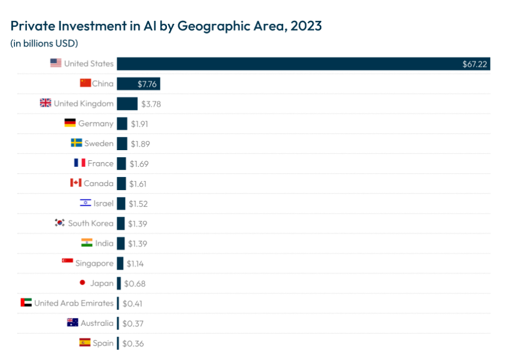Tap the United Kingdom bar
[x=127, y=104]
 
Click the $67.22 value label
[x=474, y=64]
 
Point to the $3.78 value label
[x=151, y=104]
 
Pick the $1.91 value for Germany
[x=139, y=124]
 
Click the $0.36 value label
[x=133, y=343]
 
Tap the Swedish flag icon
[x=76, y=144]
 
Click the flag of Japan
[x=82, y=283]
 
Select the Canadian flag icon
[x=76, y=183]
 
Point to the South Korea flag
[x=59, y=223]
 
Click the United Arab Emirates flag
[x=26, y=303]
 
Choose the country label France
[x=100, y=163]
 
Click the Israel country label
[x=104, y=203]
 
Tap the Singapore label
[x=95, y=263]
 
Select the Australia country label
[x=97, y=323]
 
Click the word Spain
[x=103, y=343]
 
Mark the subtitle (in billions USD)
[x=44, y=44]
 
